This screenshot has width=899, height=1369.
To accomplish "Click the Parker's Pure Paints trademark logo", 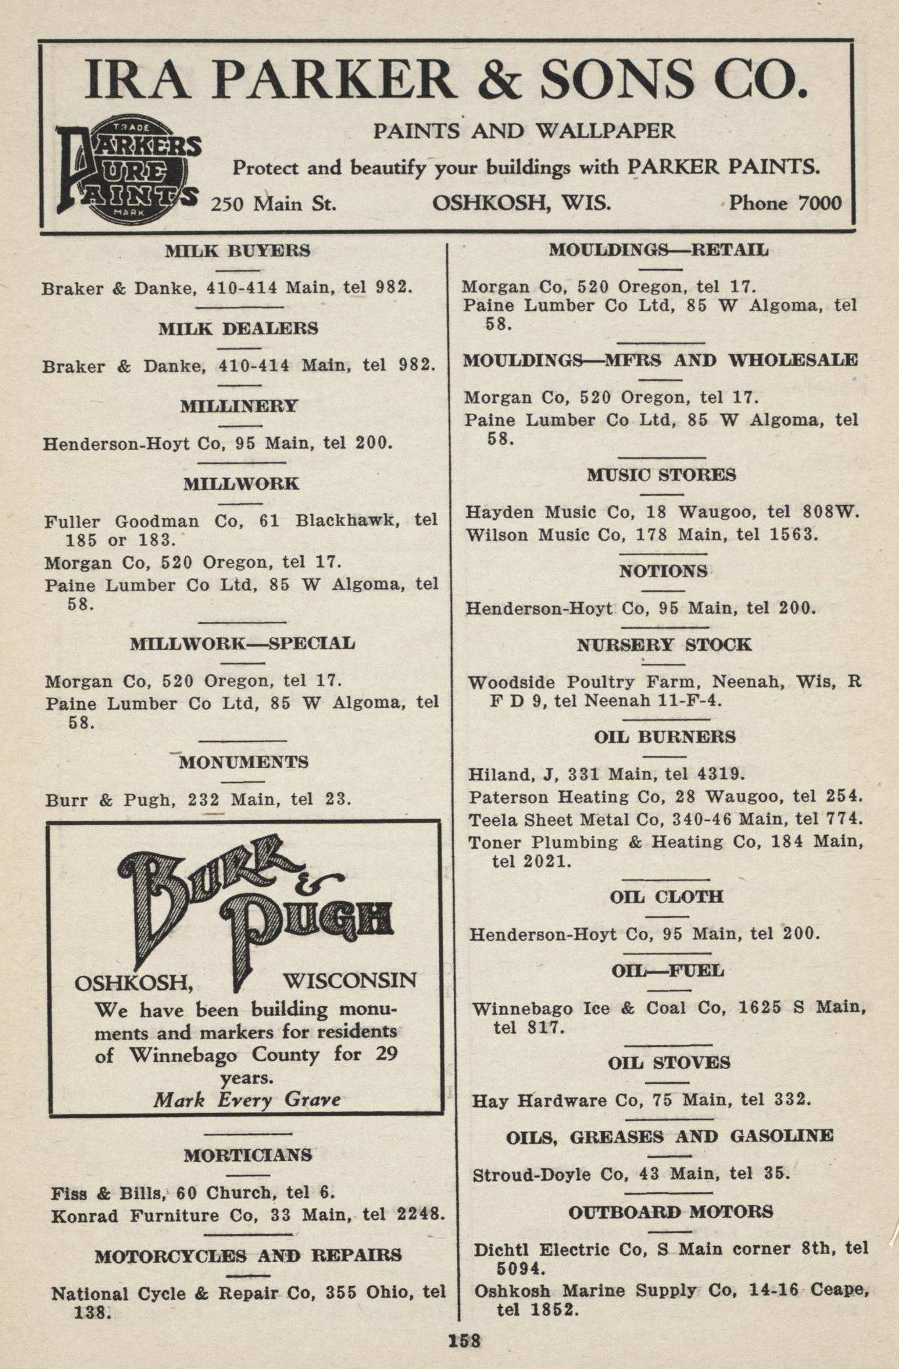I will pyautogui.click(x=129, y=171).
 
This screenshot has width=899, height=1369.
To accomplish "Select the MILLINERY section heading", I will pyautogui.click(x=240, y=406).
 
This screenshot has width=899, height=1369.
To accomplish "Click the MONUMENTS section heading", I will pyautogui.click(x=243, y=762).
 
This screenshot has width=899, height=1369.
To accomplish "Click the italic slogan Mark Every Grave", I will pyautogui.click(x=247, y=1099).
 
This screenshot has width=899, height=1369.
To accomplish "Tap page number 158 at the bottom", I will pyautogui.click(x=465, y=1340).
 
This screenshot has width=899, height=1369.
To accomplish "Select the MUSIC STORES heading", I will pyautogui.click(x=661, y=475).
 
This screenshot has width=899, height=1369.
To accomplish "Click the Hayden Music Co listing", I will pyautogui.click(x=662, y=512).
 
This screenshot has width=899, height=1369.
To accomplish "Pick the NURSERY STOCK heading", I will pyautogui.click(x=664, y=645).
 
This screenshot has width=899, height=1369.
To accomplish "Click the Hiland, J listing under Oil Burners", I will pyautogui.click(x=606, y=775).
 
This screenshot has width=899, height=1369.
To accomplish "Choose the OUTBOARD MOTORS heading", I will pyautogui.click(x=671, y=1212).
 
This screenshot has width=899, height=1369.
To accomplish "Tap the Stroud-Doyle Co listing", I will pyautogui.click(x=631, y=1174).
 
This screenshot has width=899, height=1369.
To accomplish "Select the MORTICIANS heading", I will pyautogui.click(x=248, y=1155).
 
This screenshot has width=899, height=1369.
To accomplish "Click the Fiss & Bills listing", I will pyautogui.click(x=193, y=1193).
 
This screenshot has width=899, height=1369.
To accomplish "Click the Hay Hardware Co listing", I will pyautogui.click(x=641, y=1100).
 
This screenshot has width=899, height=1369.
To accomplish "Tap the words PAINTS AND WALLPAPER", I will pyautogui.click(x=524, y=131).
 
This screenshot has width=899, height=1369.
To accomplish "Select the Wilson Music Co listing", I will pyautogui.click(x=642, y=535).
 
